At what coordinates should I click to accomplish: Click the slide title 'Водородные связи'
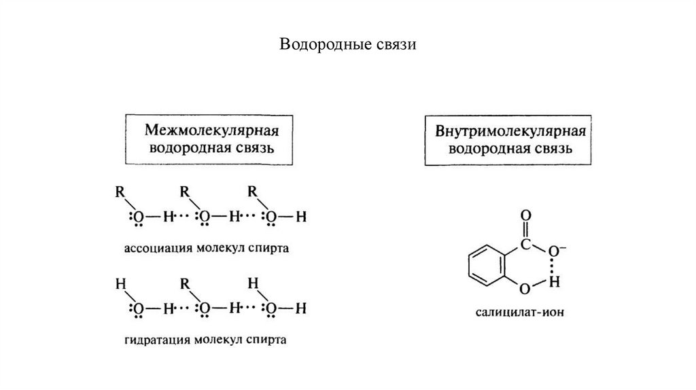347,46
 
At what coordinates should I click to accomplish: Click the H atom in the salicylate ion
555,280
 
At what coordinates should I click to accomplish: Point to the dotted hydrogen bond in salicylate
554,264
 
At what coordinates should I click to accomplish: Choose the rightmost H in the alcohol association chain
303,217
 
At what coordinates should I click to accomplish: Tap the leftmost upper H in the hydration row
120,283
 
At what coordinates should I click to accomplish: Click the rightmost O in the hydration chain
271,309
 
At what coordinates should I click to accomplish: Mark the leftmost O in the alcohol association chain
139,217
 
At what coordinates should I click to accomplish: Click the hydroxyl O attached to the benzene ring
524,289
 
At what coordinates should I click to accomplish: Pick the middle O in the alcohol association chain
205,217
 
